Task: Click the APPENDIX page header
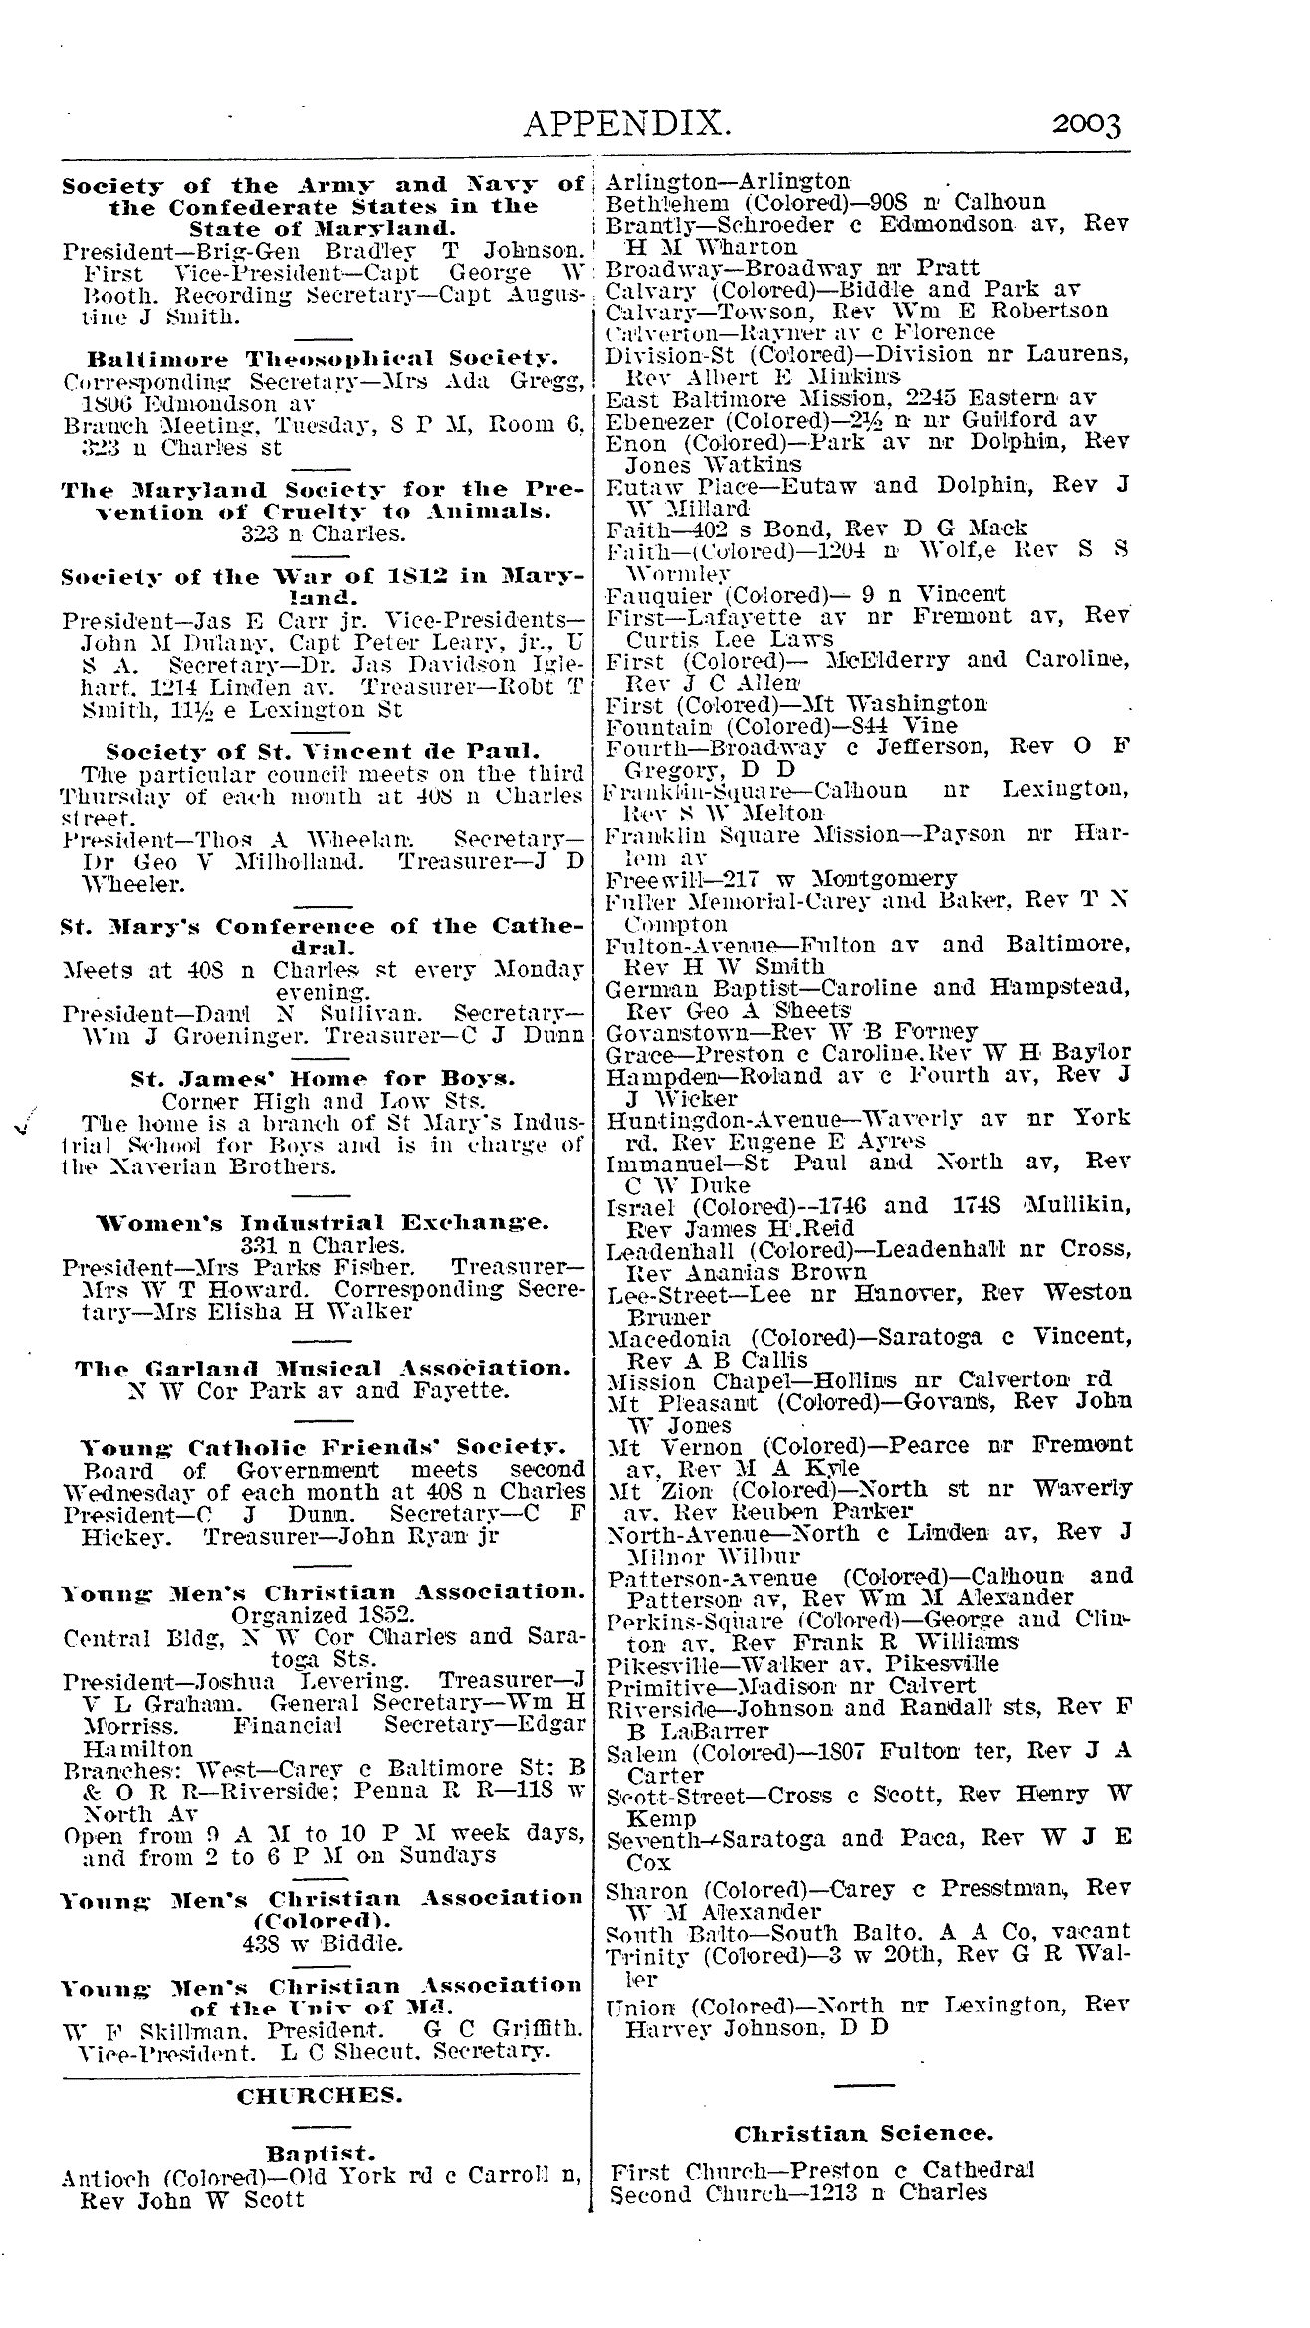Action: point(628,124)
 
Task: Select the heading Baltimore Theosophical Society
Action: point(323,359)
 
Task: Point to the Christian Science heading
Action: point(863,2133)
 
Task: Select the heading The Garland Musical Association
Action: point(324,1368)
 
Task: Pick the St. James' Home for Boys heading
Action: point(323,1078)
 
